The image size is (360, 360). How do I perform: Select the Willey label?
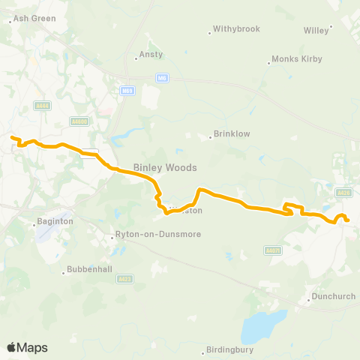coord(316,30)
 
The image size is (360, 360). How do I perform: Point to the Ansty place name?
coord(151,55)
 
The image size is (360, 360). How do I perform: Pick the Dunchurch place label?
coord(333,296)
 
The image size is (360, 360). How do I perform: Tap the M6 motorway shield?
coord(162,76)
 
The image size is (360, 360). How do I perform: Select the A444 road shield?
coord(42,106)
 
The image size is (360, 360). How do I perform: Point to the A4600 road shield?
coord(79,120)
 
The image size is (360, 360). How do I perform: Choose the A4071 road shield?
coord(273,250)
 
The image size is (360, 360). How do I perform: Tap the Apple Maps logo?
coord(27,347)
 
